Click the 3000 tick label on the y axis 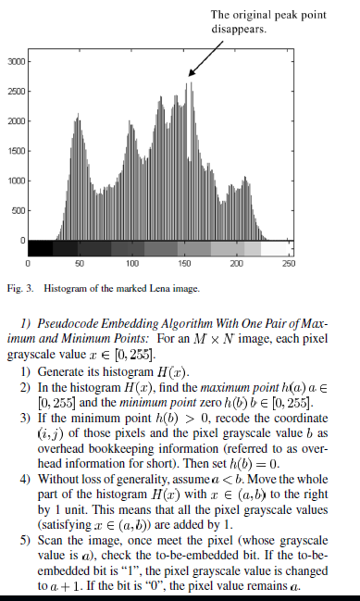[x=16, y=61]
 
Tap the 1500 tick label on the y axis [x=16, y=151]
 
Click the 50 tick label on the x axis [x=80, y=264]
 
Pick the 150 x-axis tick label [x=183, y=264]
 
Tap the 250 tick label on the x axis [x=288, y=264]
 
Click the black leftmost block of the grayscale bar [x=41, y=248]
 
